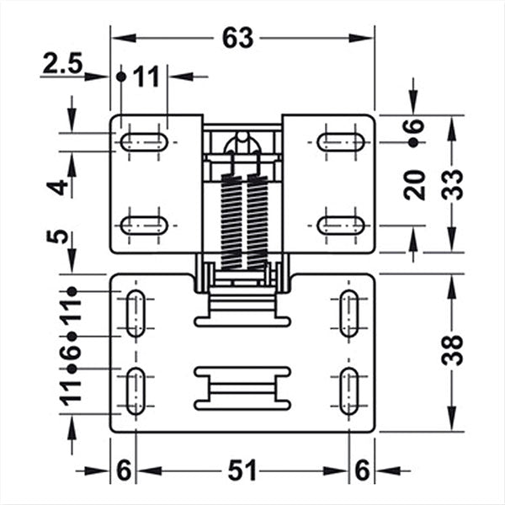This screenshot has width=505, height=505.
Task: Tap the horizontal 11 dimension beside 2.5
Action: (x=146, y=77)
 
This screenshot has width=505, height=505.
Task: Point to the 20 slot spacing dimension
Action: (x=415, y=183)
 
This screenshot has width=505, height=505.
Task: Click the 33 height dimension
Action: (x=454, y=183)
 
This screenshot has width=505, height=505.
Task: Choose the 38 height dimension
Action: (x=454, y=350)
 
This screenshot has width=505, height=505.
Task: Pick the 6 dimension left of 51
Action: (x=123, y=471)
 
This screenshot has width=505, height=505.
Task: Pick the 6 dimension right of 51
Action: (x=362, y=471)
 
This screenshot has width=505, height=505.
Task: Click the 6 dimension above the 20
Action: (x=415, y=128)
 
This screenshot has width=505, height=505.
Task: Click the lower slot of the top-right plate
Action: (x=341, y=225)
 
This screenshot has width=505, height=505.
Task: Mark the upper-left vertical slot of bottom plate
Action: (x=134, y=314)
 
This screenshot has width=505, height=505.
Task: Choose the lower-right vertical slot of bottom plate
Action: (x=348, y=391)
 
